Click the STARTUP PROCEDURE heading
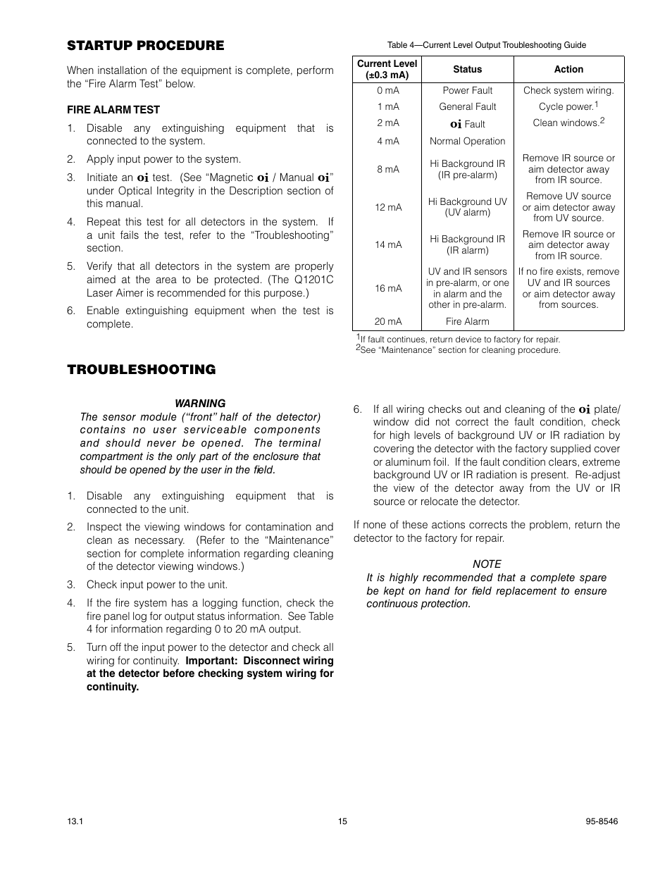click(x=145, y=46)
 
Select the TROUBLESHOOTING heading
click(x=141, y=370)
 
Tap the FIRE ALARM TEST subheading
click(x=113, y=110)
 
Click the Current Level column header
click(x=387, y=69)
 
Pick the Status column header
click(x=467, y=70)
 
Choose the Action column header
click(x=568, y=70)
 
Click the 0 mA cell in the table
click(x=387, y=90)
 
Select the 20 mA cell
click(x=387, y=321)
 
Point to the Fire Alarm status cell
click(x=467, y=321)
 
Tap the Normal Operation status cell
click(x=467, y=141)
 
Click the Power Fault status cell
click(x=467, y=90)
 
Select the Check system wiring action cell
click(x=568, y=90)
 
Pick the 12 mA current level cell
click(x=387, y=207)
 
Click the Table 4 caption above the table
click(x=486, y=45)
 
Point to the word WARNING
click(x=200, y=404)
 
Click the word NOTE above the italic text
click(x=487, y=564)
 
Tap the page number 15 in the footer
click(x=342, y=821)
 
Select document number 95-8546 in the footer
click(x=602, y=821)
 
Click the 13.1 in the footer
click(x=75, y=821)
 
